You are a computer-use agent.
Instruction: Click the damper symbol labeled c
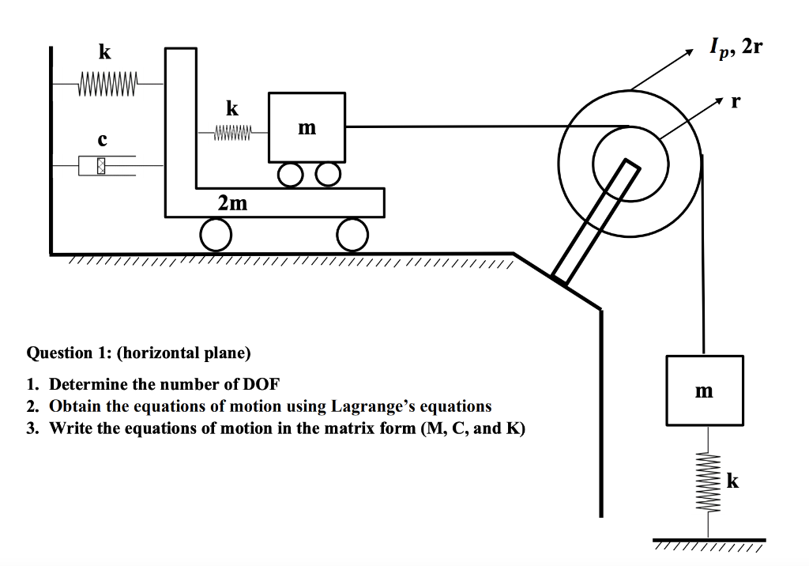[102, 166]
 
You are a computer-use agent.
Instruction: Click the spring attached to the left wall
[107, 82]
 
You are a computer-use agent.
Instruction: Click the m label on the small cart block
[307, 127]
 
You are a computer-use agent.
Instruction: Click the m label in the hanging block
[703, 391]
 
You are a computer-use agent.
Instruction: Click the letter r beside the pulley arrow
[736, 102]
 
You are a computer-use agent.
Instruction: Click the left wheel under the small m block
[288, 174]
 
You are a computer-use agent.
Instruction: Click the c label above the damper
[102, 140]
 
